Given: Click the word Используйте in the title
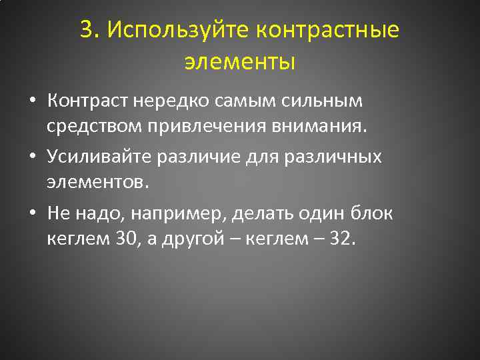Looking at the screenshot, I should coord(177,30).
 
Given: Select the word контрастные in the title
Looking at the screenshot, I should coord(327,30).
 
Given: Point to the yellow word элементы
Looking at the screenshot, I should coord(239,62).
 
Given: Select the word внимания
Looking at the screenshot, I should coord(310,127).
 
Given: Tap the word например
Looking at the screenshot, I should coord(175,214).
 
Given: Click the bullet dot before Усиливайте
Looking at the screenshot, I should coord(32,158).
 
